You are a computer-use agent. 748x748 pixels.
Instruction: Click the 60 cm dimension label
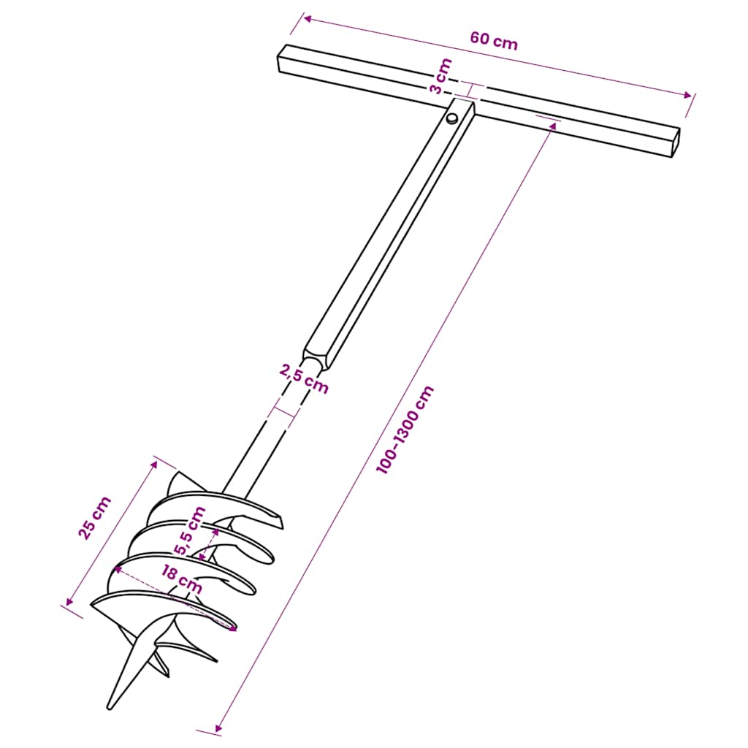[494, 41]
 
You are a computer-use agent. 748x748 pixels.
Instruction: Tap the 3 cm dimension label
[440, 77]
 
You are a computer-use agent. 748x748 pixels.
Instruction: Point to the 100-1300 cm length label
[405, 430]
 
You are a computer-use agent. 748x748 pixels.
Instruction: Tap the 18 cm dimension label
[180, 579]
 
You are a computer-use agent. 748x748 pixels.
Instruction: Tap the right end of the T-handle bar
[675, 142]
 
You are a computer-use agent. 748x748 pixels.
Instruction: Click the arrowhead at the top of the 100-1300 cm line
[553, 126]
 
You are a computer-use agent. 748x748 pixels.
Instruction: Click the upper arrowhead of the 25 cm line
[154, 462]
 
